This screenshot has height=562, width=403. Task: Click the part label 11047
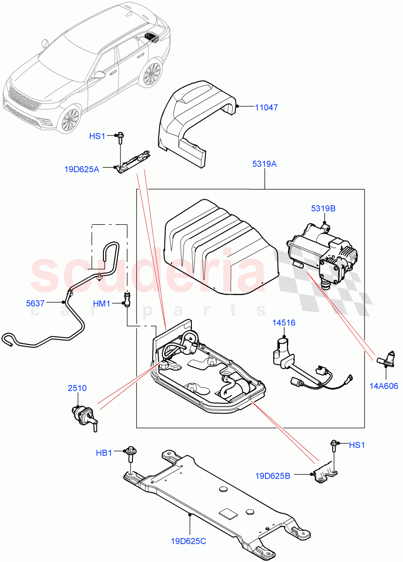click(266, 108)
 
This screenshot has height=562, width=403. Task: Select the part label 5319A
click(265, 164)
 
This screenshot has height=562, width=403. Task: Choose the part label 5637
click(35, 303)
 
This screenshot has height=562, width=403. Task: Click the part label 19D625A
click(81, 169)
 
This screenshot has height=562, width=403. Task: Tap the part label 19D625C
click(190, 541)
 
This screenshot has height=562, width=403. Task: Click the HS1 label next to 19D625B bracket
click(357, 445)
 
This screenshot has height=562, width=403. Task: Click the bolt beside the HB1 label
click(129, 453)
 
